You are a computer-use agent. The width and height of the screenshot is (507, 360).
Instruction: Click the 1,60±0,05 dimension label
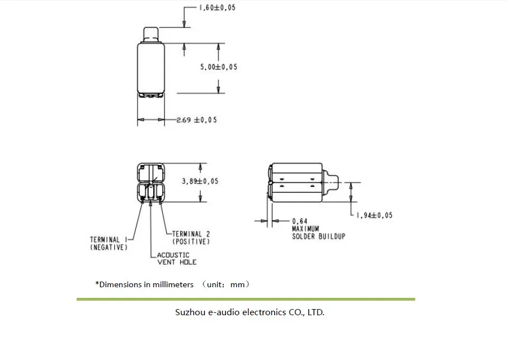[x=217, y=7]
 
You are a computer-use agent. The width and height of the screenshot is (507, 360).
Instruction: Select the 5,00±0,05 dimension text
[x=219, y=67]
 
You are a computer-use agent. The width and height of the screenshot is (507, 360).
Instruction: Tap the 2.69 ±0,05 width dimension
[x=196, y=120]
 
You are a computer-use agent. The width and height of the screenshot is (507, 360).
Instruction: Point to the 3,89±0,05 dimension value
[x=200, y=181]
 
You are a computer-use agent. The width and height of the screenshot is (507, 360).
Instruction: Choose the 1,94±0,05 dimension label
[x=374, y=215]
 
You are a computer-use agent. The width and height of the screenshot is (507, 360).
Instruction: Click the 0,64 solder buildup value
[x=300, y=221]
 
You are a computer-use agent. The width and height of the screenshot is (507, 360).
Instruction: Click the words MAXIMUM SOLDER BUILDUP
[x=318, y=232]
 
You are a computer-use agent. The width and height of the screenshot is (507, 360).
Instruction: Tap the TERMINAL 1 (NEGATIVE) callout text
[x=109, y=244]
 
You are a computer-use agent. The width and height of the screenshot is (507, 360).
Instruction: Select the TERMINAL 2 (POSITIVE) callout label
[x=191, y=238]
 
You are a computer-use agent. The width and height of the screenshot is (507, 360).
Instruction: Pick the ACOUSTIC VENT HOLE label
[x=176, y=259]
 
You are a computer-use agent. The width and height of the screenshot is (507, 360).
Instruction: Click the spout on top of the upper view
[x=151, y=35]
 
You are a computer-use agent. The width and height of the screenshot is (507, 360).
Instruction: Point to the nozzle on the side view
[x=330, y=183]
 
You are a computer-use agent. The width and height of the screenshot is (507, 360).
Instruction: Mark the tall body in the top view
[x=151, y=68]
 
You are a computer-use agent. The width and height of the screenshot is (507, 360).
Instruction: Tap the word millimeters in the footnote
[x=173, y=284]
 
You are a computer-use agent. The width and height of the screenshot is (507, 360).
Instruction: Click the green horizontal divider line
[x=246, y=299]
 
